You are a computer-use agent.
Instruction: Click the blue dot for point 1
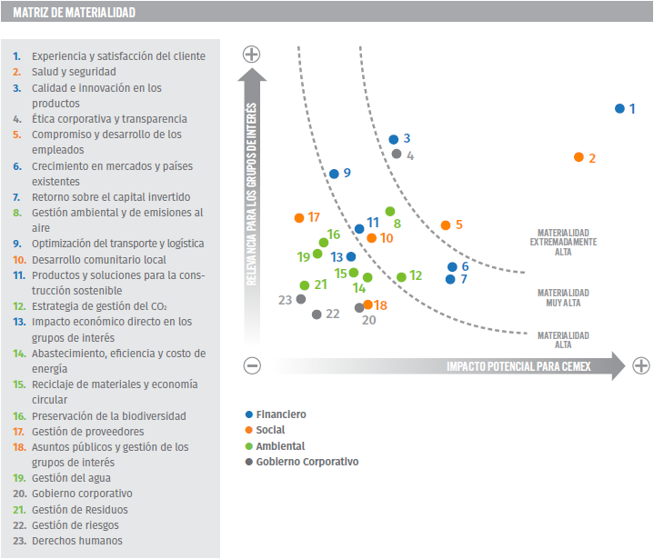click(x=619, y=108)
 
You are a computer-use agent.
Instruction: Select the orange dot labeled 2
click(x=579, y=157)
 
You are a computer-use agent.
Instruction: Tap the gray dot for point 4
click(x=397, y=154)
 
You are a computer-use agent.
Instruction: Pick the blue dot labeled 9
click(x=334, y=174)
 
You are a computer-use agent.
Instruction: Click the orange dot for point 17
click(x=299, y=218)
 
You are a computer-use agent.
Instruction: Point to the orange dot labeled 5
click(x=445, y=225)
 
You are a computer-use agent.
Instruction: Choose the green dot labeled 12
click(x=401, y=277)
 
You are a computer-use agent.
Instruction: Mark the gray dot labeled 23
click(x=300, y=298)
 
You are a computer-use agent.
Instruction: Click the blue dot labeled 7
click(x=450, y=279)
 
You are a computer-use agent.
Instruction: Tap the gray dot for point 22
click(x=317, y=314)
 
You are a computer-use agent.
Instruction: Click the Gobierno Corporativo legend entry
click(x=307, y=462)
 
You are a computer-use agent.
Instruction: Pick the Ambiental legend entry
click(x=279, y=446)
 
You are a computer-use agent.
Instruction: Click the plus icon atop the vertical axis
click(x=252, y=54)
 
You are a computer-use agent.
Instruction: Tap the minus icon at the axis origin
click(x=253, y=365)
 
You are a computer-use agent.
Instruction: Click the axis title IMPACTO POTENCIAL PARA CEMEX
click(x=518, y=366)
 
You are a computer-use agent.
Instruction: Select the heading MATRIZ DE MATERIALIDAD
click(x=75, y=13)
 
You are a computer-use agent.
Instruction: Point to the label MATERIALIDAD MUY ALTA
click(x=562, y=297)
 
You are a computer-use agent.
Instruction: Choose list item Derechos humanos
click(x=77, y=541)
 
